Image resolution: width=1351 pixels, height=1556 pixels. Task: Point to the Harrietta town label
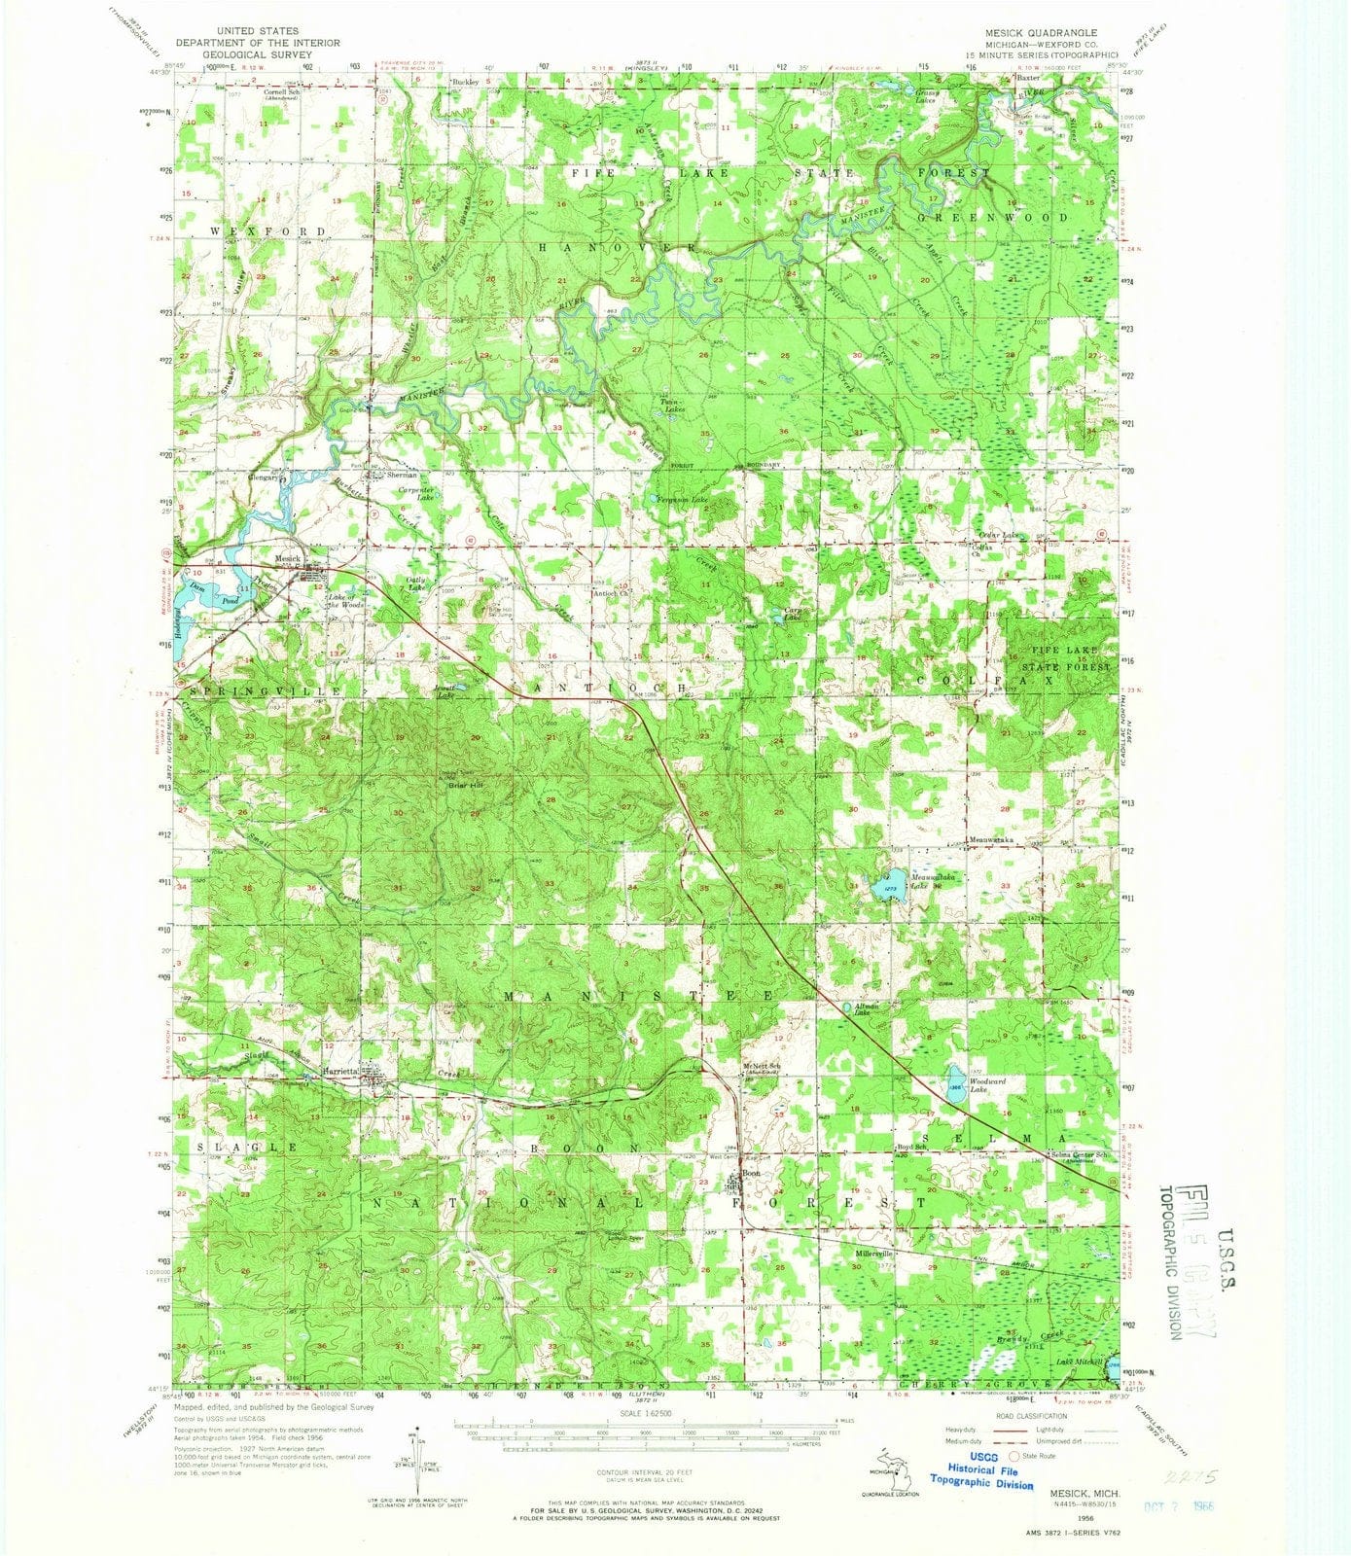(339, 1071)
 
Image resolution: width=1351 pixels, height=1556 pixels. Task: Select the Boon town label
(750, 1173)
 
